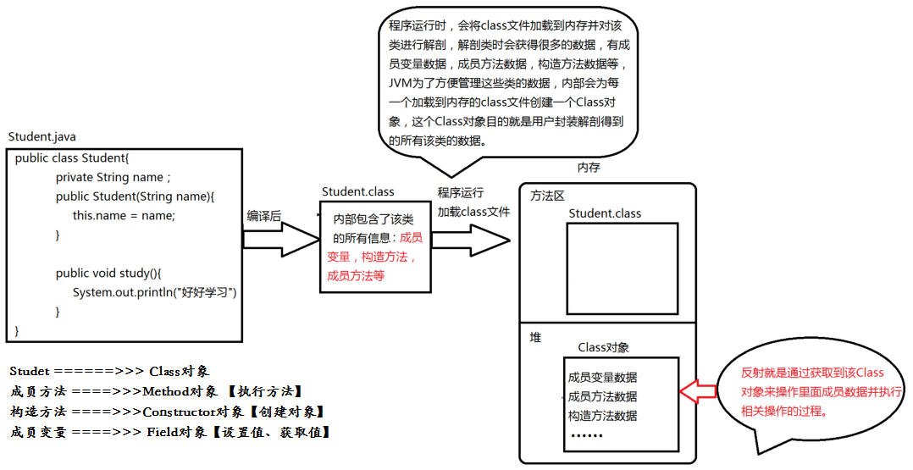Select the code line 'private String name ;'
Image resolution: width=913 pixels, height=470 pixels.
(113, 177)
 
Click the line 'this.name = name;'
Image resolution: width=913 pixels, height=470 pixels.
(124, 215)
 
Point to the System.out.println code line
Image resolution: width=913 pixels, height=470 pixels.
(154, 292)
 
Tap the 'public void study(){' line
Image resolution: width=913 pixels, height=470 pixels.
(108, 273)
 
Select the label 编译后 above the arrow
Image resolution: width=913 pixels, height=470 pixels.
(263, 216)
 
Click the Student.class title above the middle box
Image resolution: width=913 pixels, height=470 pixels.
(358, 192)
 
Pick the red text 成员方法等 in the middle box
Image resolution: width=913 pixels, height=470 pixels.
(356, 275)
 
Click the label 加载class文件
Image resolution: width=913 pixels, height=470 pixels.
(473, 212)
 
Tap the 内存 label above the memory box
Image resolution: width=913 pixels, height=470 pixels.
(589, 168)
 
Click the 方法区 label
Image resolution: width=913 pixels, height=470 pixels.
(547, 196)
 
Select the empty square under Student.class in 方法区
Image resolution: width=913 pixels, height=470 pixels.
(623, 268)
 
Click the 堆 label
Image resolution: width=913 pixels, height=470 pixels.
(535, 337)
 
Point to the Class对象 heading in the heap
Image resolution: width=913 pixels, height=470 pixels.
(603, 347)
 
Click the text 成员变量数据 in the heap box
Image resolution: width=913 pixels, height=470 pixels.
(602, 377)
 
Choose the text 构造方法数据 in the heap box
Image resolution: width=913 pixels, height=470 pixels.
(602, 416)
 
